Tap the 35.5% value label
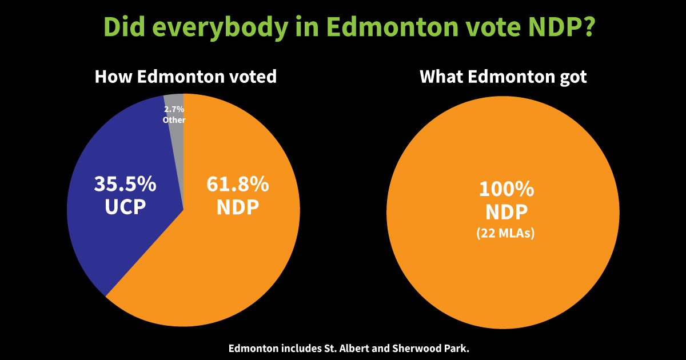tap(125, 184)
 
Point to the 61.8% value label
tap(238, 184)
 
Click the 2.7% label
tap(174, 109)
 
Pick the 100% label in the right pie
tap(502, 189)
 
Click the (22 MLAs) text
tap(502, 233)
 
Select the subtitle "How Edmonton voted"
tap(185, 77)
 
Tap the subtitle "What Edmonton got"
tap(503, 77)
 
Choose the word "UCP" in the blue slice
tap(125, 207)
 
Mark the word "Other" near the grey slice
tap(174, 120)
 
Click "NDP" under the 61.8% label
tap(238, 207)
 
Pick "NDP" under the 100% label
tap(502, 212)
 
